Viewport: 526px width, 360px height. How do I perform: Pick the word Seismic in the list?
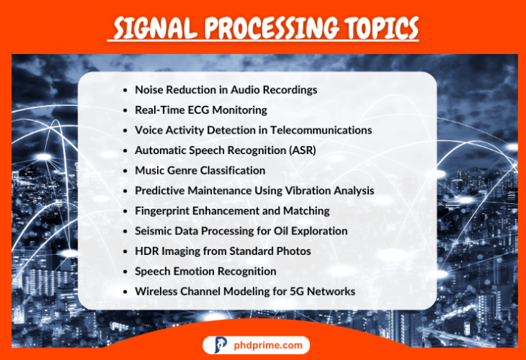pyautogui.click(x=155, y=231)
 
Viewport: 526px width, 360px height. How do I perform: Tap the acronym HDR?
pyautogui.click(x=146, y=251)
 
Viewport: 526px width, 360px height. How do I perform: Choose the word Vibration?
pyautogui.click(x=310, y=191)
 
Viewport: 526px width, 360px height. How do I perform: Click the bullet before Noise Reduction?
pyautogui.click(x=126, y=90)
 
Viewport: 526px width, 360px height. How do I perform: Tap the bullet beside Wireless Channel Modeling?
pyautogui.click(x=126, y=291)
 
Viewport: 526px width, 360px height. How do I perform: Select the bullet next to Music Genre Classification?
pyautogui.click(x=126, y=170)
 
